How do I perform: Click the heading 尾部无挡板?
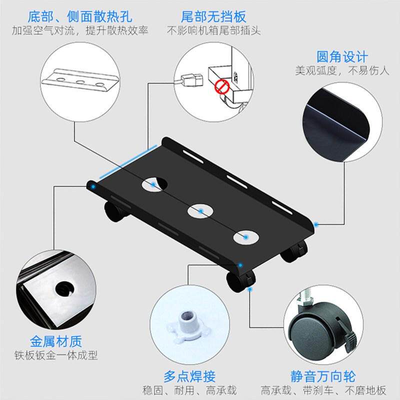click(213, 17)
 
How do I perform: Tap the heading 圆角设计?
click(342, 56)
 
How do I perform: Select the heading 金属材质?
click(56, 341)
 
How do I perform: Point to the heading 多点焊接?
click(189, 376)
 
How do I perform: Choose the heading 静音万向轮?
click(323, 376)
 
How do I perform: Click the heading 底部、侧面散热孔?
click(80, 17)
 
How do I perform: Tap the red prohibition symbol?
click(221, 86)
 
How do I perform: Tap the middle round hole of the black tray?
click(200, 211)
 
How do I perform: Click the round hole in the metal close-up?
click(65, 289)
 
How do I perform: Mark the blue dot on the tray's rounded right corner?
click(316, 224)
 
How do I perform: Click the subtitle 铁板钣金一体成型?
click(56, 355)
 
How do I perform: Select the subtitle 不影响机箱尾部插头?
click(213, 30)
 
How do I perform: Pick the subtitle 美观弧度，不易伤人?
click(342, 70)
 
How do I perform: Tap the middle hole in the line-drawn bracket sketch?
click(80, 82)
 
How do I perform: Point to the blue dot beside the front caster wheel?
click(250, 289)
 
